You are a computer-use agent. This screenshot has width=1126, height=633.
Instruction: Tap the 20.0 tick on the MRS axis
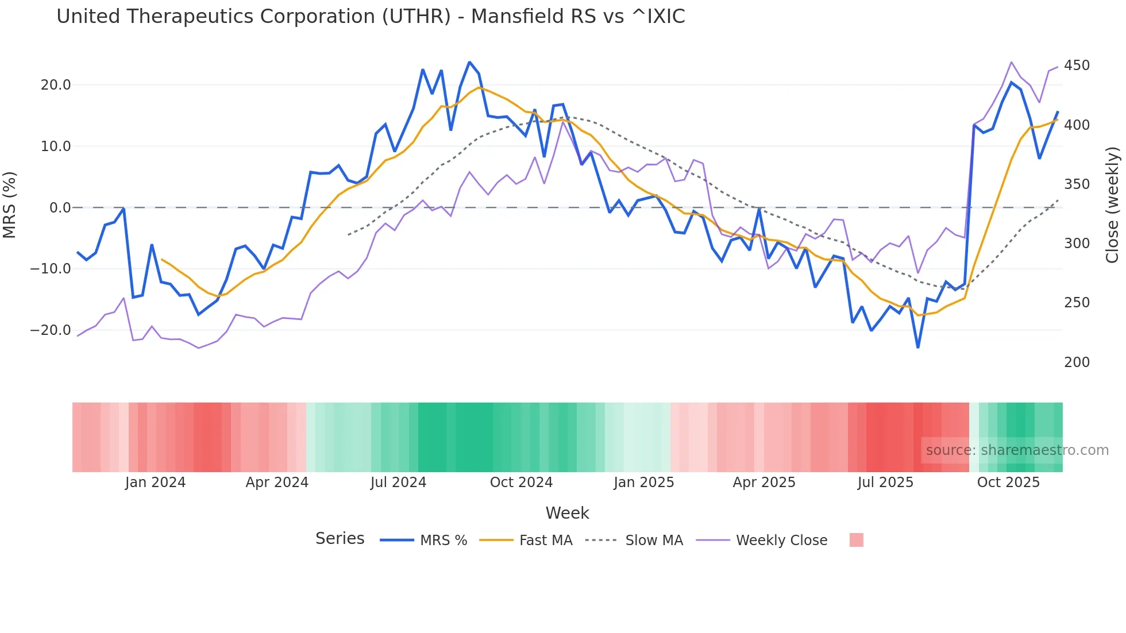tap(55, 85)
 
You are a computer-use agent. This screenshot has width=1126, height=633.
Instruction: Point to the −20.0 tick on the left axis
tap(51, 330)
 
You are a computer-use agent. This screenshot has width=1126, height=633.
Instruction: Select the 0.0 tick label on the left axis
tap(60, 208)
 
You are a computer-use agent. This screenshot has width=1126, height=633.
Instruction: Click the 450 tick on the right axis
tap(1077, 65)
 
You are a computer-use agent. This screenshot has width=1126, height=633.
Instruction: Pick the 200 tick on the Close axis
tap(1077, 362)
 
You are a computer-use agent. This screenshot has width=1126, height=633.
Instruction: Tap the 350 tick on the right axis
tap(1077, 184)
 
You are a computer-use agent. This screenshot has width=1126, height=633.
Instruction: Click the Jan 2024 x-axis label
tap(155, 483)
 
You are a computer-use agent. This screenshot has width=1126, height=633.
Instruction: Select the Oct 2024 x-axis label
tap(521, 483)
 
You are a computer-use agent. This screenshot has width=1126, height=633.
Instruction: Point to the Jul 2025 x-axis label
tap(885, 483)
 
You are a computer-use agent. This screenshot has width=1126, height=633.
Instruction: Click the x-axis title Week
tap(567, 513)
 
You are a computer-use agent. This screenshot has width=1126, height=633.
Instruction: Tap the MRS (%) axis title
tap(10, 205)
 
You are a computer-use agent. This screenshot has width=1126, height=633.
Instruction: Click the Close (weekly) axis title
tap(1112, 205)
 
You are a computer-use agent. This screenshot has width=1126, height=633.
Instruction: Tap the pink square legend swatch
tap(856, 540)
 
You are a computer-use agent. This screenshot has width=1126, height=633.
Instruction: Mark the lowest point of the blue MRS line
tap(917, 348)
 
